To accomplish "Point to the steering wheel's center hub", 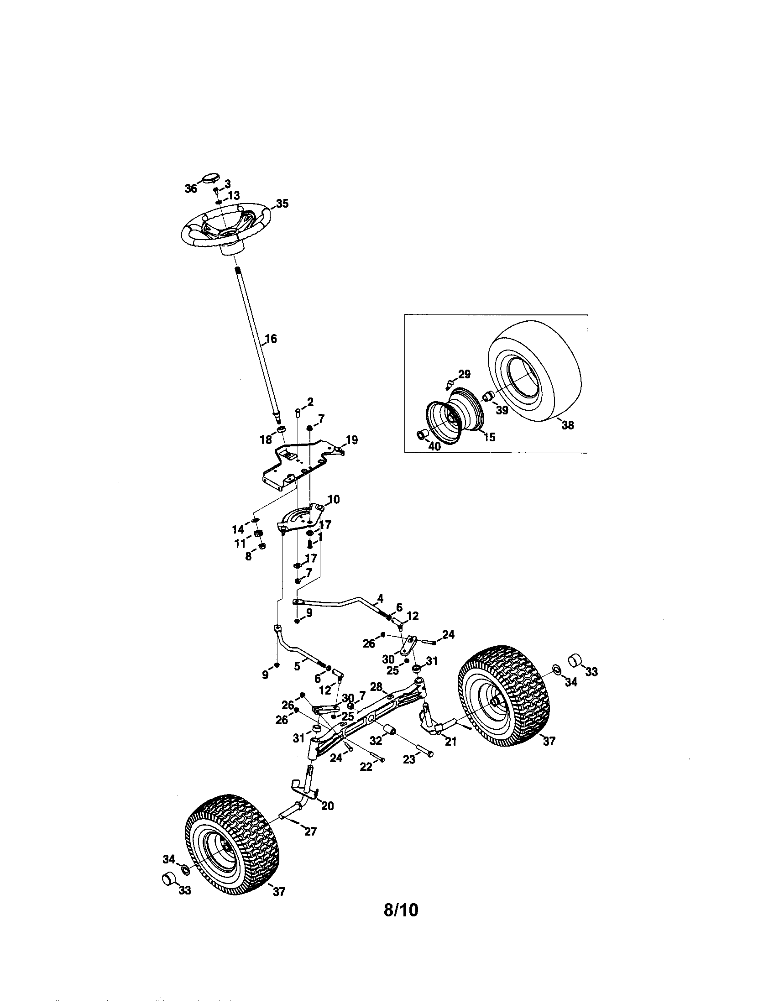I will click(x=227, y=234).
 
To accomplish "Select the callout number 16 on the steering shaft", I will click(x=271, y=339).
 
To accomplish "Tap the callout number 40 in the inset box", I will click(x=434, y=446).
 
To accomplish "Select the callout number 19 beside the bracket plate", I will click(x=351, y=440).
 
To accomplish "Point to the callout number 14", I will click(x=238, y=529).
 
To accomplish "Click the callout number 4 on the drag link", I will click(x=380, y=598).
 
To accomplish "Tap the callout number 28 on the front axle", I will click(x=376, y=687).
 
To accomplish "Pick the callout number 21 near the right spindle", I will click(x=451, y=741).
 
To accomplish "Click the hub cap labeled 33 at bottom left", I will click(x=169, y=878).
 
